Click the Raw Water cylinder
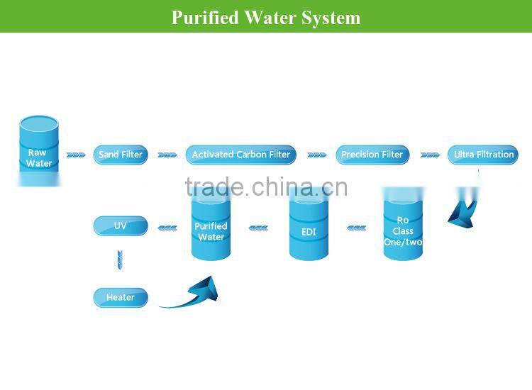click(x=39, y=153)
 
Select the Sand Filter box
click(x=121, y=155)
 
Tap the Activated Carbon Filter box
click(x=241, y=155)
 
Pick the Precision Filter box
click(x=372, y=155)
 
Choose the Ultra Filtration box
click(x=484, y=155)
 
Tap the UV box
click(x=121, y=226)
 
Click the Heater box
click(x=121, y=298)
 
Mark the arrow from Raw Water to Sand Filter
click(x=76, y=155)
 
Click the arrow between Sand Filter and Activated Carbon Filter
click(x=167, y=155)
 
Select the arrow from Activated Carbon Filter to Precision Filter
click(x=316, y=155)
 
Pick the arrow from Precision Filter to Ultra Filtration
click(x=430, y=155)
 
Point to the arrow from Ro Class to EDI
click(x=356, y=228)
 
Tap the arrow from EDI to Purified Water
click(x=258, y=228)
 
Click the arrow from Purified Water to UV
click(x=167, y=228)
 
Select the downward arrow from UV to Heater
click(x=120, y=260)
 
